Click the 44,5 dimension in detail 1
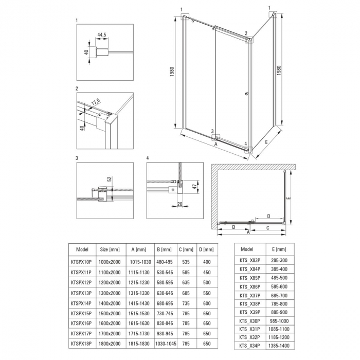pos(102,35)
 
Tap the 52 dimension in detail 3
pos(109,179)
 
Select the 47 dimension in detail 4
pos(195,186)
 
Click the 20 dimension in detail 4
pos(180,204)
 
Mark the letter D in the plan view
pos(268,216)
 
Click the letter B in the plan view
pos(233,227)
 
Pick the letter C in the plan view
pos(268,228)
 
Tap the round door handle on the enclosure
pos(247,94)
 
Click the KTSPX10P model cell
pos(81,262)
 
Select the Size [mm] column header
pos(110,249)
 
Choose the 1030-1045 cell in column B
pos(166,344)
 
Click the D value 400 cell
pos(207,262)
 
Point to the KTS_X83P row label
pos(250,260)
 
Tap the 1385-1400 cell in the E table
pos(279,346)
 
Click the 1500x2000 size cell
pos(110,313)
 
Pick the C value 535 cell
pos(186,262)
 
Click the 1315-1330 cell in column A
pos(139,293)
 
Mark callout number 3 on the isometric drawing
pos(212,131)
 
